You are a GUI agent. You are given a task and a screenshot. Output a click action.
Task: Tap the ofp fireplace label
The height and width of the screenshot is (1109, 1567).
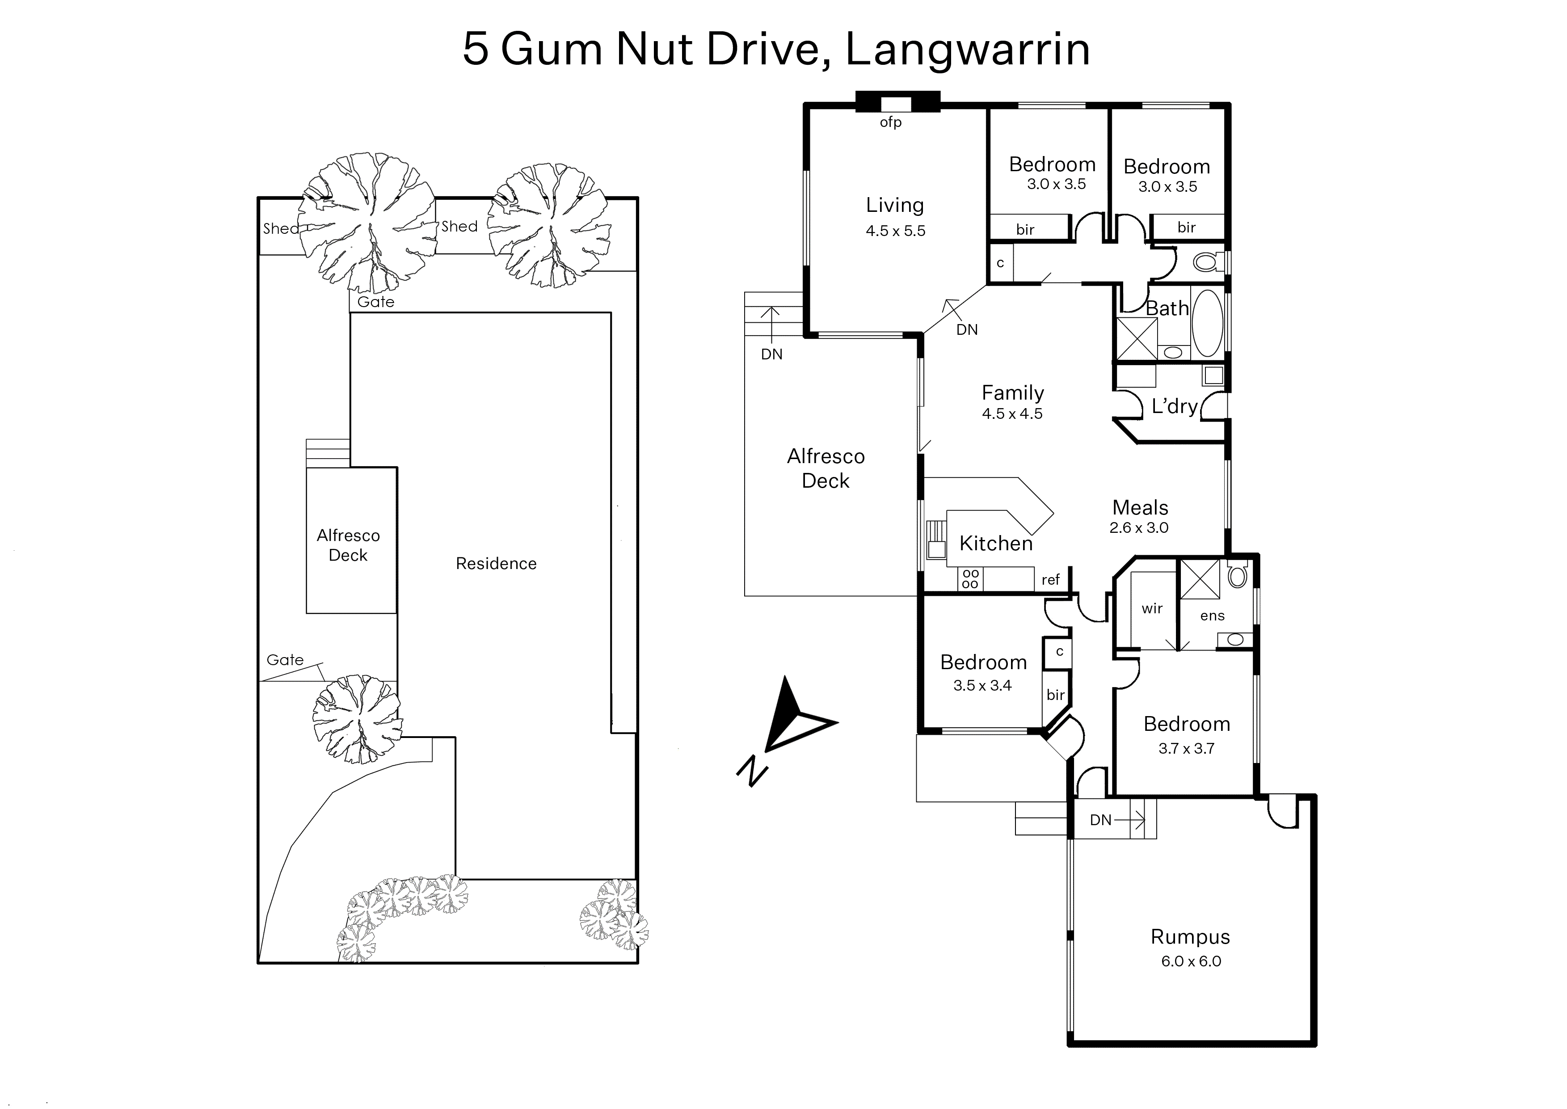(x=890, y=122)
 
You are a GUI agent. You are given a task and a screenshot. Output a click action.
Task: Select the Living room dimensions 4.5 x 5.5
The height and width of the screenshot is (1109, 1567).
(x=895, y=231)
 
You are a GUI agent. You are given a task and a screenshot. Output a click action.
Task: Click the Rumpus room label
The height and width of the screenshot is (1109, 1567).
(x=1190, y=937)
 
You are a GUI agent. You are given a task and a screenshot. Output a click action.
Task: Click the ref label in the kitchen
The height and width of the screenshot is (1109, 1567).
(x=1050, y=580)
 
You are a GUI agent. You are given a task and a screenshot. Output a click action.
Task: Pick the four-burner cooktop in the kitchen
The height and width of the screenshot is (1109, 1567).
(x=970, y=578)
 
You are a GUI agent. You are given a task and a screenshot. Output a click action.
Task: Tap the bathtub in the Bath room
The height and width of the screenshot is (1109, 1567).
(x=1208, y=324)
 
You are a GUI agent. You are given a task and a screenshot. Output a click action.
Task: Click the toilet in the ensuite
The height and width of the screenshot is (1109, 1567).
(x=1237, y=574)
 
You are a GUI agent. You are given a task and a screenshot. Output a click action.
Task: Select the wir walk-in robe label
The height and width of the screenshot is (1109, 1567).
(x=1152, y=608)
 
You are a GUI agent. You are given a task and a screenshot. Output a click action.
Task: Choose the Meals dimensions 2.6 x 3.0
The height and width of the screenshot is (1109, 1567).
(x=1139, y=528)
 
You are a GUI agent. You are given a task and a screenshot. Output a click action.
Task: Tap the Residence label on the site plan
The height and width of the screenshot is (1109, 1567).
(x=497, y=563)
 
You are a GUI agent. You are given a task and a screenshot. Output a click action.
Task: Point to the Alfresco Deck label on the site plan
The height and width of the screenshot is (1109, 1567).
(x=348, y=545)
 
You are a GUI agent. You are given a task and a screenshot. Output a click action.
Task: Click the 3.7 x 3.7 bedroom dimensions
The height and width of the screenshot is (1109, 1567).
(x=1187, y=748)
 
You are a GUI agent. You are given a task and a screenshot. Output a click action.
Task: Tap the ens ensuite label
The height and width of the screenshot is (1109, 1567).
(x=1213, y=616)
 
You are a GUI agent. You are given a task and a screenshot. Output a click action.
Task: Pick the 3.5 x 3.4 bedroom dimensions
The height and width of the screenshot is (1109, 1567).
(x=982, y=686)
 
